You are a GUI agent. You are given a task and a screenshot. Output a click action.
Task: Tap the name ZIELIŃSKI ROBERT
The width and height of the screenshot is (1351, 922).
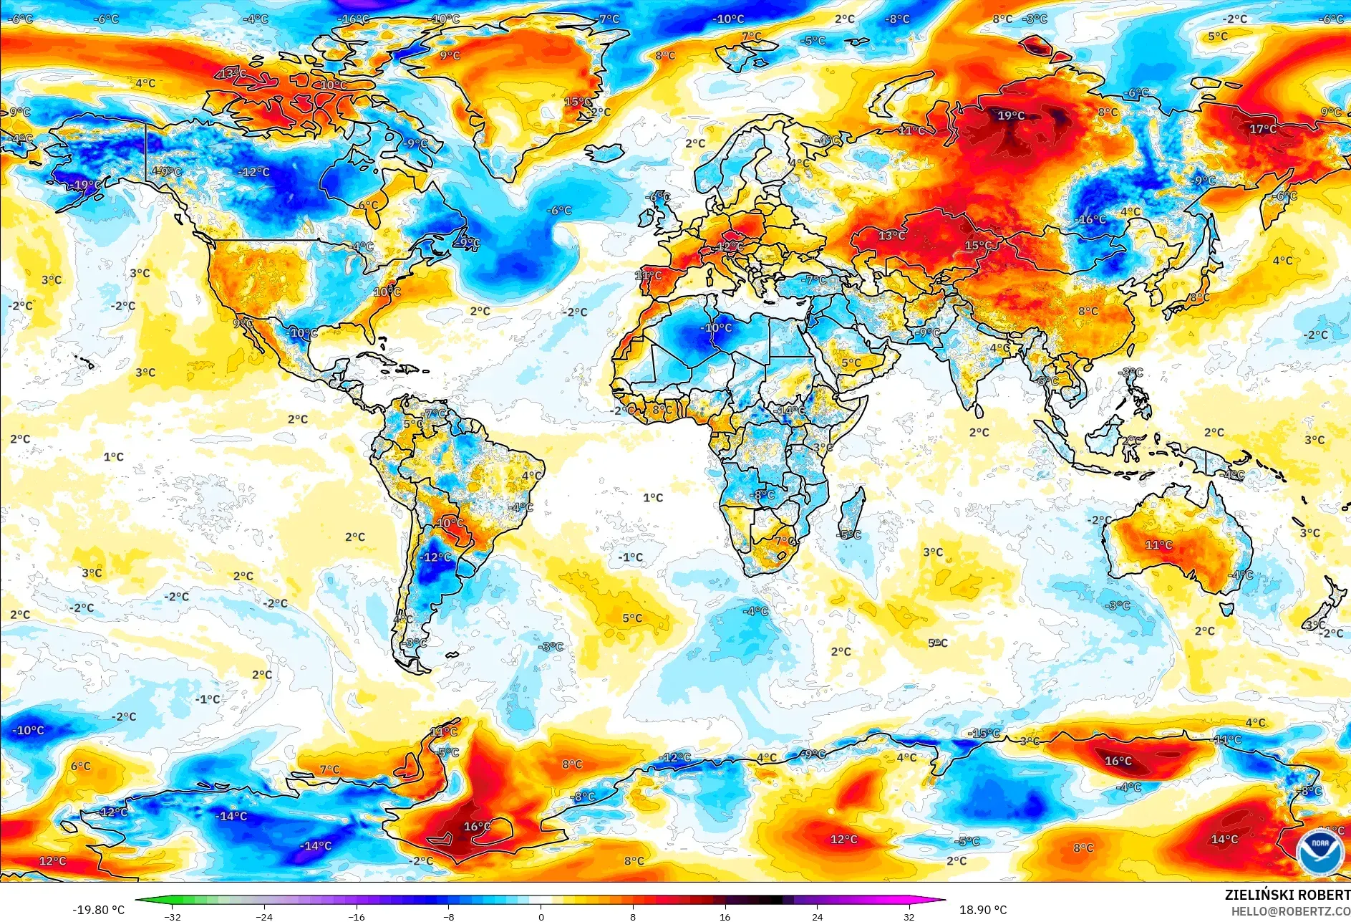tap(1287, 895)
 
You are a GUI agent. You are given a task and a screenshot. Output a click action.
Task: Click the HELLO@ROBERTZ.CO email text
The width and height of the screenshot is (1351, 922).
tap(1290, 911)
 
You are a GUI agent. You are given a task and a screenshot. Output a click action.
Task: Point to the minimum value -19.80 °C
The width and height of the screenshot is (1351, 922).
tap(98, 910)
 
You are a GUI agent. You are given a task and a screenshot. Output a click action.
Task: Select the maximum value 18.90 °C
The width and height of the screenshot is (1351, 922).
tap(982, 910)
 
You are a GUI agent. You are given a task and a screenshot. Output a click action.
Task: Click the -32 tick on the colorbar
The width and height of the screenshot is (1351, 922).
tap(173, 916)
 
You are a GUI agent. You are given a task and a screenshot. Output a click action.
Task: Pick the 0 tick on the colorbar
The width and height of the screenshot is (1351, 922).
tap(541, 916)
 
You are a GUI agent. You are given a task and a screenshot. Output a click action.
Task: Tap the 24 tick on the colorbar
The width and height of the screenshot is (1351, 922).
tap(817, 916)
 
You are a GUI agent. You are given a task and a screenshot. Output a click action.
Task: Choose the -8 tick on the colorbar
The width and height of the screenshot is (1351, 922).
tap(449, 916)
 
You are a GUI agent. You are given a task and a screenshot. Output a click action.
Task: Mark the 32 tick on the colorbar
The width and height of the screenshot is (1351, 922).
tap(909, 916)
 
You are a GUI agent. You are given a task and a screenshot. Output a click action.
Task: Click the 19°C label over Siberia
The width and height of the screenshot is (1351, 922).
tap(1011, 115)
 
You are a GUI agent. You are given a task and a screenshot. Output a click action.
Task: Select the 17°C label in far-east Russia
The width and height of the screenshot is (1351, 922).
tap(1262, 129)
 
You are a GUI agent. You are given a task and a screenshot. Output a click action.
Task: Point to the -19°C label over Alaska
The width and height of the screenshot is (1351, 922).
tap(85, 185)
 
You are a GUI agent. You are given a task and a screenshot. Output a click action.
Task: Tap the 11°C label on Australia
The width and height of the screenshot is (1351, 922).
tap(1158, 545)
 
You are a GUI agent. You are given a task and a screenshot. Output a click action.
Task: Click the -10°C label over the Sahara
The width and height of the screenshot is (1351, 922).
tap(717, 328)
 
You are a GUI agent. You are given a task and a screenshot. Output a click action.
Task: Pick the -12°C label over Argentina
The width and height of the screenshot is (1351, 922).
tap(436, 557)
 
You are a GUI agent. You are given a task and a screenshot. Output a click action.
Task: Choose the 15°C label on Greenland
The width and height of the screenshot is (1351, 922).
tap(577, 102)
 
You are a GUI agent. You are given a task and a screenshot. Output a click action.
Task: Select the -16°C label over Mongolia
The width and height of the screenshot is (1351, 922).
tap(1091, 220)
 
